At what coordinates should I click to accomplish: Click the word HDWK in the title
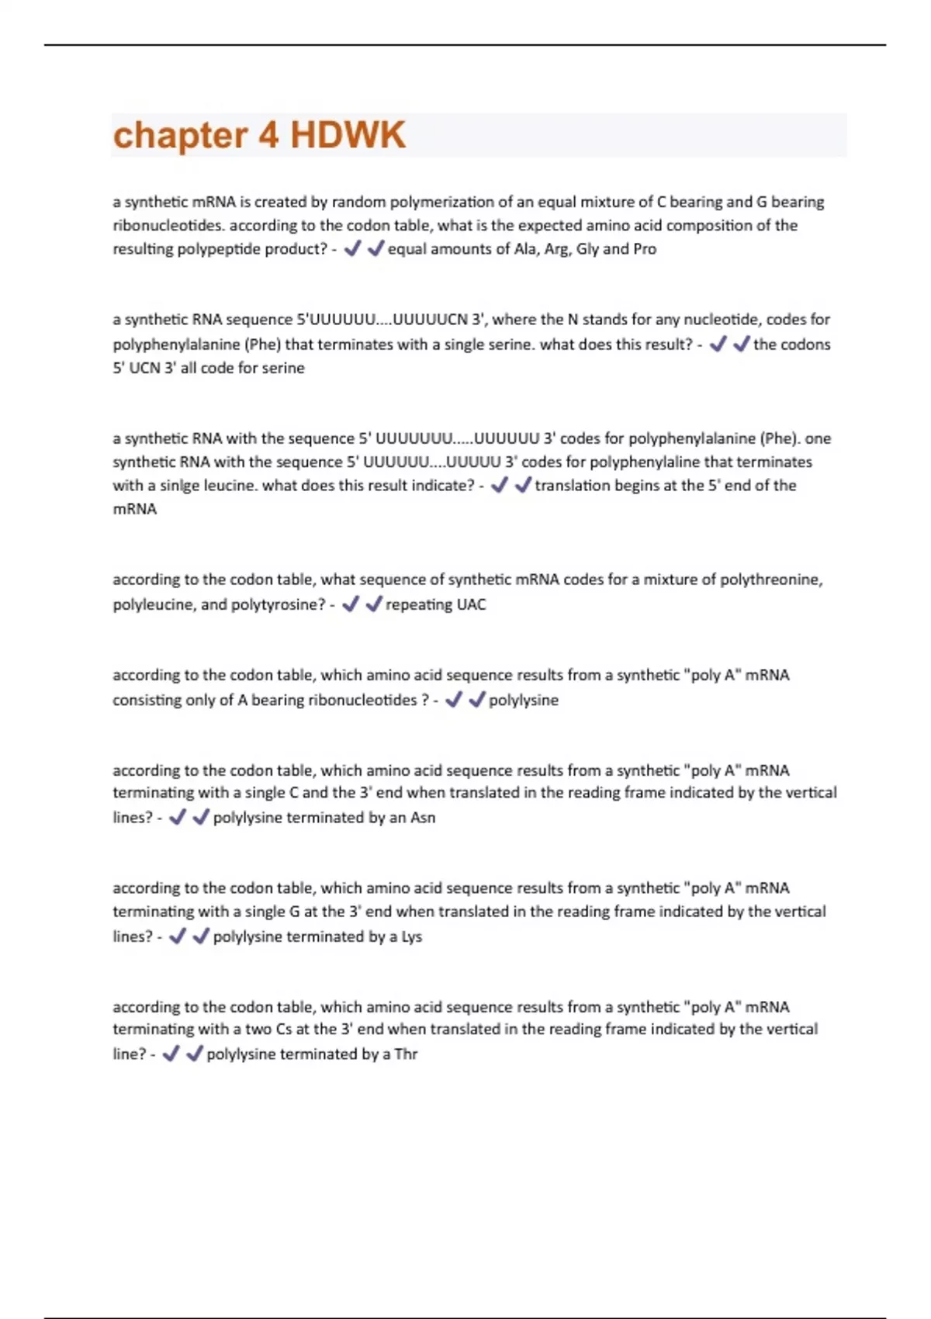[x=348, y=135]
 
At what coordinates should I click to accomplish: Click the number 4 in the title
[x=268, y=135]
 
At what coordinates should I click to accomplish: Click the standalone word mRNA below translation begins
[x=135, y=509]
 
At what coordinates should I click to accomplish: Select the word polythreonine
[x=770, y=580]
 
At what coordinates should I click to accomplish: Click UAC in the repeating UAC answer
[x=471, y=604]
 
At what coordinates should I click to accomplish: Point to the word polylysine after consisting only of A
[x=524, y=700]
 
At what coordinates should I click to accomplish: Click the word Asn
[x=423, y=818]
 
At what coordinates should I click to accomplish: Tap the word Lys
[x=411, y=936]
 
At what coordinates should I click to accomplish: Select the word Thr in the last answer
[x=406, y=1054]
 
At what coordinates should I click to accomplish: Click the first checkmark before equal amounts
[x=353, y=248]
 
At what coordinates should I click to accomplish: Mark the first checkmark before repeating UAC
[x=351, y=604]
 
